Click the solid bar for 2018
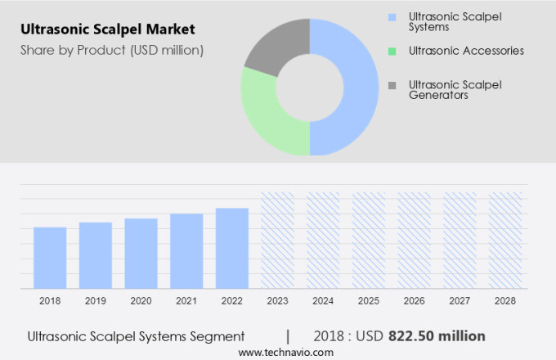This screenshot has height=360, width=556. pos(50,258)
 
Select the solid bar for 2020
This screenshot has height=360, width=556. pos(141,253)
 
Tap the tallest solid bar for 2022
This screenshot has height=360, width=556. pos(232,248)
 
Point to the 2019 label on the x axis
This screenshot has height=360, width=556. pos(96,301)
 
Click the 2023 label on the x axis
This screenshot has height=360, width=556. pos(277,301)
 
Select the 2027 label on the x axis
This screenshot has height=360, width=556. pos(460,301)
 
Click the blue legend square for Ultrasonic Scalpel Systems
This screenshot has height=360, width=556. pos(392,16)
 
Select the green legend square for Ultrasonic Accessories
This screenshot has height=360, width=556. pos(392,51)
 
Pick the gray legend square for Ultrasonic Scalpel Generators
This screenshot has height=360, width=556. pos(392,85)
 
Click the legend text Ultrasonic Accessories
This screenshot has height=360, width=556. pos(466,51)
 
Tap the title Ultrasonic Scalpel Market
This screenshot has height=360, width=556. pos(109,29)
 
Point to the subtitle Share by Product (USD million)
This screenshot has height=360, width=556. pos(112,50)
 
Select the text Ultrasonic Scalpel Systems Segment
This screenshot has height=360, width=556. pos(136,335)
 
